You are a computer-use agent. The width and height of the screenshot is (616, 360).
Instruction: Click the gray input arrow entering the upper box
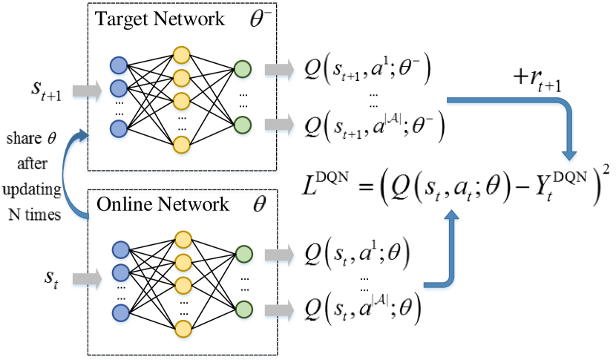tap(86, 92)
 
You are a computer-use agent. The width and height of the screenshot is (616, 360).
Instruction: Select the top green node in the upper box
tap(243, 70)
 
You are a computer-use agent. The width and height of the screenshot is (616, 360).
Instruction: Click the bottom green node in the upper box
tap(243, 125)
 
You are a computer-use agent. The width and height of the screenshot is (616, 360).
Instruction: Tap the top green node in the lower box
tap(244, 255)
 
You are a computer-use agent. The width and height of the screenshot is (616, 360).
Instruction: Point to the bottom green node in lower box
tap(244, 310)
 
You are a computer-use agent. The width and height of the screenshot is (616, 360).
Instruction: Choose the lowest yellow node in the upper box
tap(182, 145)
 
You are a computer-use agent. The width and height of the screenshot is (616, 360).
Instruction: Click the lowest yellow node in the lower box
tap(183, 329)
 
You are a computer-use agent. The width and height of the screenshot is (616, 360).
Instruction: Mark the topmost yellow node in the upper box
tap(182, 55)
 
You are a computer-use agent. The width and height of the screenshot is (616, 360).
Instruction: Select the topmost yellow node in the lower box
tap(183, 240)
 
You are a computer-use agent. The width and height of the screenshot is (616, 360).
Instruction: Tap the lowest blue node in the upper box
tap(119, 130)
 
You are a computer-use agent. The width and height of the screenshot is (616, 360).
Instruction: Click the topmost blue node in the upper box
tap(119, 66)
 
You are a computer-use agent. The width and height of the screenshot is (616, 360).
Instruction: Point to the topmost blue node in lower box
tap(121, 250)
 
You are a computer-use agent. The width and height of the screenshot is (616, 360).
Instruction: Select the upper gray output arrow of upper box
tap(279, 71)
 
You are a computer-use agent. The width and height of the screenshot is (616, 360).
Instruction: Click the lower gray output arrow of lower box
tap(279, 311)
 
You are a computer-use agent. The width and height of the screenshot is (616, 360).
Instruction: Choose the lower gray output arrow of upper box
tap(279, 126)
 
